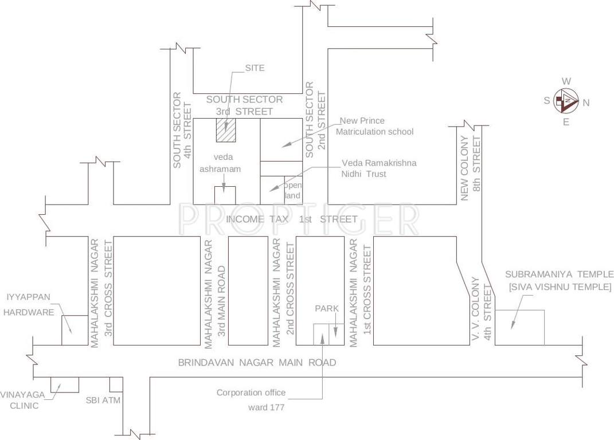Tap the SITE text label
[x=255, y=68]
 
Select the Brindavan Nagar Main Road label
[x=256, y=363]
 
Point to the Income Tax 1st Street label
[x=291, y=219]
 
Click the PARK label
[x=326, y=308]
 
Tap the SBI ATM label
[x=103, y=400]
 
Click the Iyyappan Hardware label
[x=30, y=304]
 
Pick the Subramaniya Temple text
[x=560, y=281]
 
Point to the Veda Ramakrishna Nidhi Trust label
[x=378, y=168]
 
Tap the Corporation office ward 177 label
[x=250, y=400]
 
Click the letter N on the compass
[x=586, y=103]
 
